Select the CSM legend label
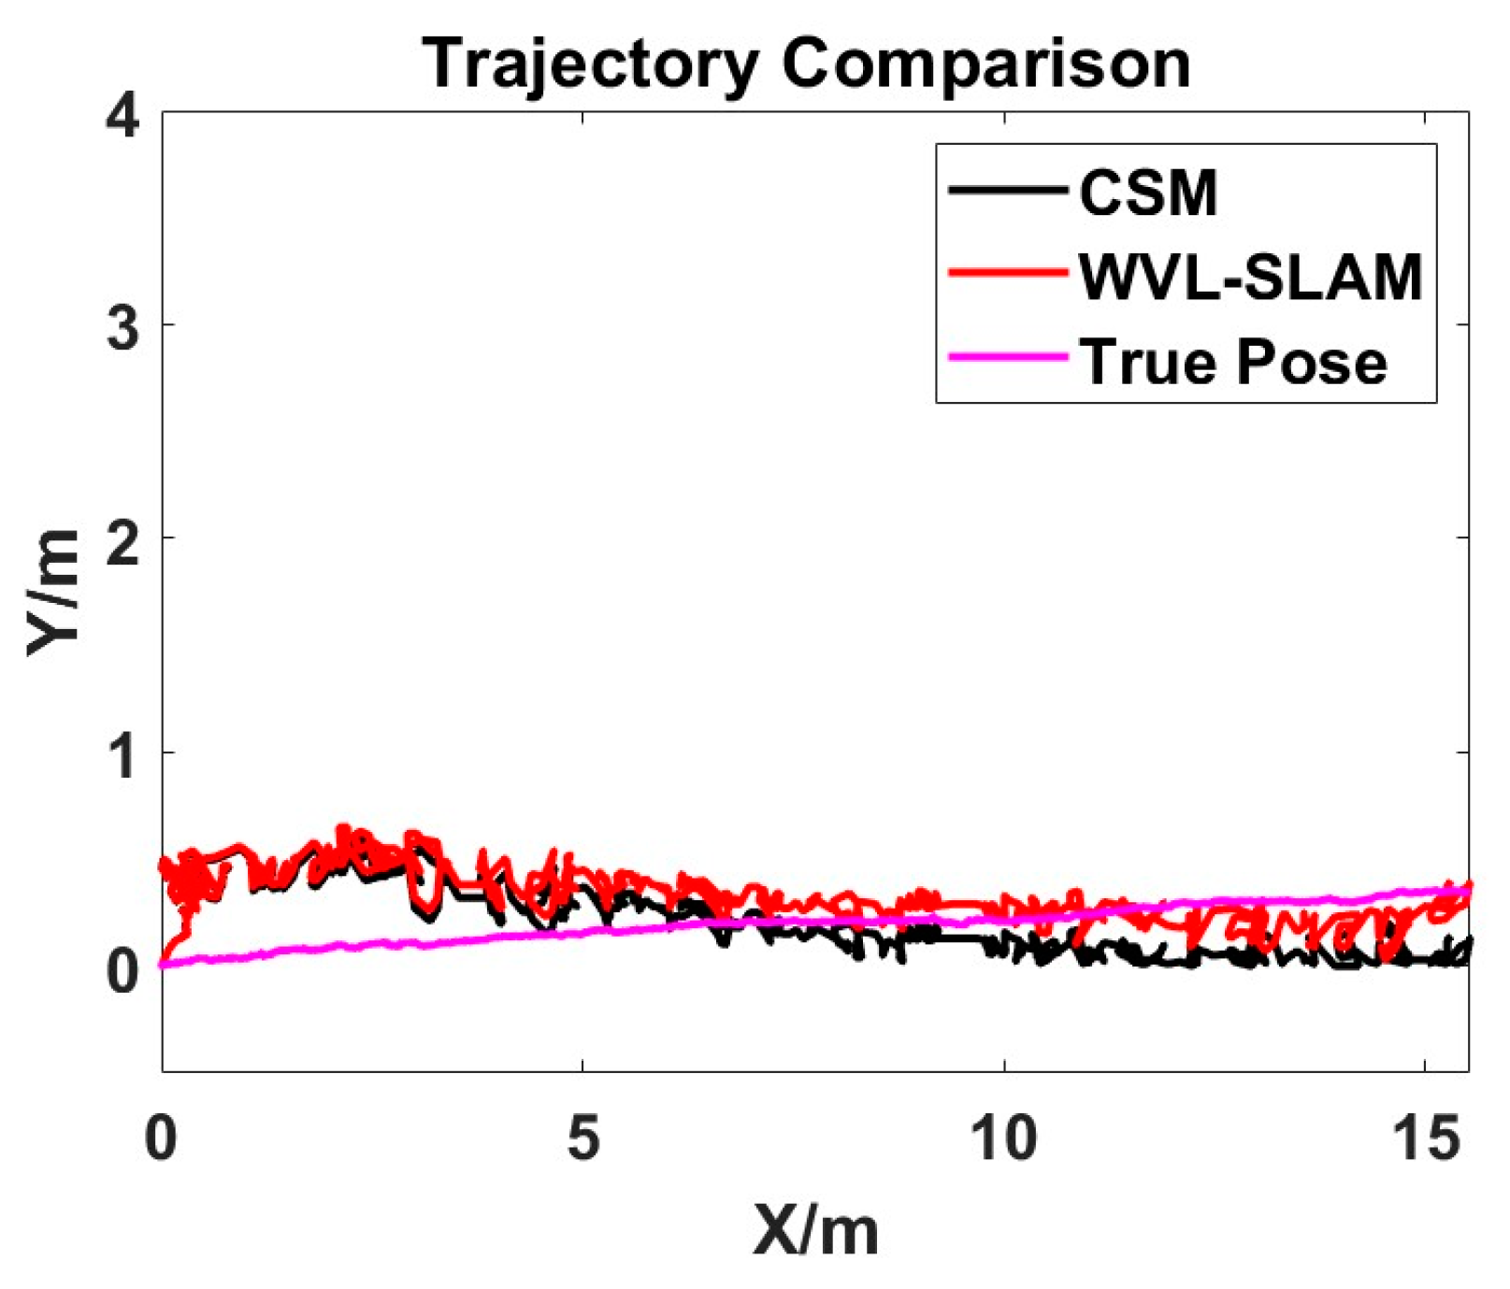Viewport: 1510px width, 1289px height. coord(1148,193)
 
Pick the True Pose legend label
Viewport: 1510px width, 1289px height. coord(1233,361)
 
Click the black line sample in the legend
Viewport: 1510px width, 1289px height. coord(1008,191)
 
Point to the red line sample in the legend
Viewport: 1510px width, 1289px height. coord(1008,273)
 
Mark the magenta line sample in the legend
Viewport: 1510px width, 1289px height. coord(1008,357)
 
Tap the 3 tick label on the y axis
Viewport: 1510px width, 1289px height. coord(124,327)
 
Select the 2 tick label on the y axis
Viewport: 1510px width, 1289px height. coord(124,540)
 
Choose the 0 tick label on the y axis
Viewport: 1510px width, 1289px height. coord(124,970)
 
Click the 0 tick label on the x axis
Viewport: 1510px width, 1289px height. coord(162,1139)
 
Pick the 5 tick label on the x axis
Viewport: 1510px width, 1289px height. coord(582,1139)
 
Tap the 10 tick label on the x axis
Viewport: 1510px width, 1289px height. coord(1003,1139)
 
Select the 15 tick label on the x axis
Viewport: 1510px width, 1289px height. coord(1424,1139)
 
